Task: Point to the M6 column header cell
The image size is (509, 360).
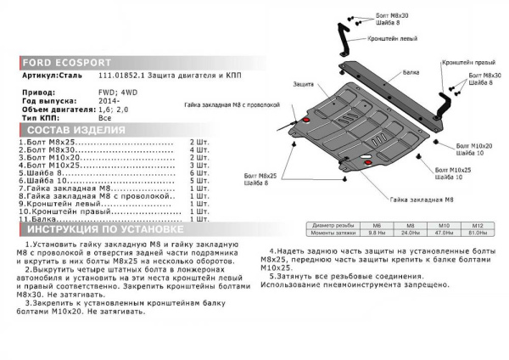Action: coord(374,225)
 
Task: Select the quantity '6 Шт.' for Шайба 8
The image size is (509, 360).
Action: coord(198,173)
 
